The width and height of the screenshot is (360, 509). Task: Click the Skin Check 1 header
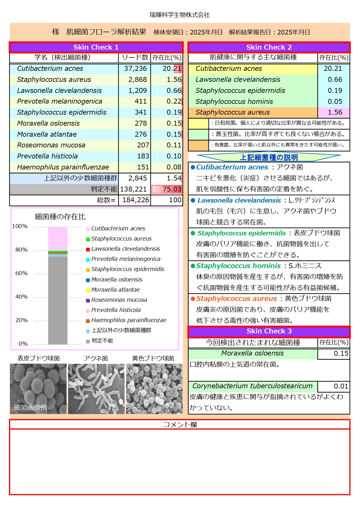(x=96, y=47)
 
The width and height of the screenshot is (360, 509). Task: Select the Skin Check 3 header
(x=269, y=331)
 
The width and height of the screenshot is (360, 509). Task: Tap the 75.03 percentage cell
(x=167, y=189)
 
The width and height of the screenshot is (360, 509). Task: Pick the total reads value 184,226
(x=136, y=200)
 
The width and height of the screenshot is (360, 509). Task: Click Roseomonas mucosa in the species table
(x=51, y=145)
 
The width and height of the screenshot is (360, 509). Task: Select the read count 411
(x=141, y=101)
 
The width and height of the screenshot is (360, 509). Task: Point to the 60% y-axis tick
(x=21, y=273)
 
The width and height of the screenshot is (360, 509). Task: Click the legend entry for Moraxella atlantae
(x=115, y=290)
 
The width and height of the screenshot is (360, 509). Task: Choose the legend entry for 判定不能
(x=102, y=341)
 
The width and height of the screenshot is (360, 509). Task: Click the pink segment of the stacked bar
(x=58, y=239)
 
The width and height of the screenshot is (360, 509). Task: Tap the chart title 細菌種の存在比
(x=60, y=217)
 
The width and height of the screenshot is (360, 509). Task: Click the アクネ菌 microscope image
(x=96, y=389)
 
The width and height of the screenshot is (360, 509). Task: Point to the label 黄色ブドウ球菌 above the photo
(x=153, y=358)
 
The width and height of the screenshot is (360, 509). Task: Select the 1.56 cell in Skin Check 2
(x=334, y=112)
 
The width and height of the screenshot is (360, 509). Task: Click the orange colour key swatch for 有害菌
(x=198, y=145)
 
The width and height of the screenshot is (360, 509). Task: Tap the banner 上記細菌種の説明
(x=269, y=157)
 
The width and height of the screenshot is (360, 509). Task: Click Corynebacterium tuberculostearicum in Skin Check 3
(x=252, y=386)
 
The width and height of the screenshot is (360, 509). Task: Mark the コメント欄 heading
(x=180, y=425)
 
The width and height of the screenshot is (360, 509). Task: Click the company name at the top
(x=179, y=15)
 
